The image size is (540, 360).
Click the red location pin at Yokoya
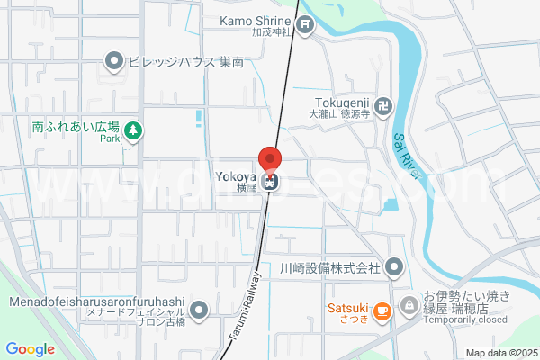coord(270,159)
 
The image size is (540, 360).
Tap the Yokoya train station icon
coord(270,181)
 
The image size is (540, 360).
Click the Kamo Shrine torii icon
coord(306,25)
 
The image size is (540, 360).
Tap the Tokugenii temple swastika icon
coord(383,106)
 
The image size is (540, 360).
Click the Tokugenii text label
coord(343,102)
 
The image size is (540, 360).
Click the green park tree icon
coord(134,131)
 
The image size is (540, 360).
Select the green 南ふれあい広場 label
coord(76,129)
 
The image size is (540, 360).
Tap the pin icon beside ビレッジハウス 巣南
coord(114,62)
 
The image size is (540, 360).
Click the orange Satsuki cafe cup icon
coord(382,311)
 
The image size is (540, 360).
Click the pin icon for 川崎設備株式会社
coord(394,267)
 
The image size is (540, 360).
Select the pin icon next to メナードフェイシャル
coord(199,310)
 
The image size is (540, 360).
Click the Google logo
coord(30,349)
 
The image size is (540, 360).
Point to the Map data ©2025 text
coord(500,353)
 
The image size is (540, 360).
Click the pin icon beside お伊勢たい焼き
coord(409,304)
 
